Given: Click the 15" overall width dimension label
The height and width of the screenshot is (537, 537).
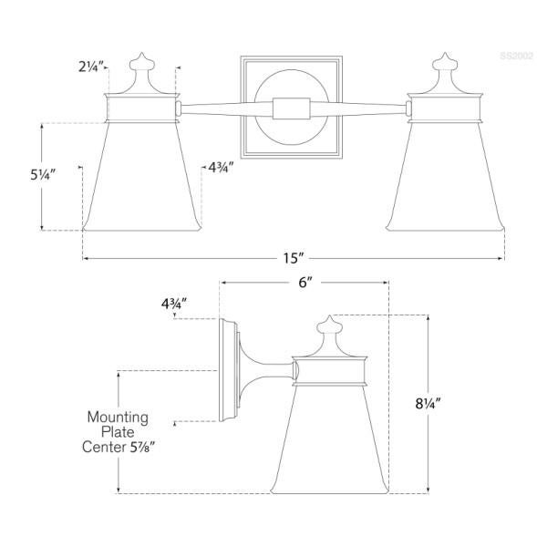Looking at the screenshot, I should tap(293, 258).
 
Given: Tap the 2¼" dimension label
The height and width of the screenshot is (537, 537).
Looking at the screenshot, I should tap(90, 66).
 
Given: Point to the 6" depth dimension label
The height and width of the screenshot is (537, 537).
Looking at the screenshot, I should tap(305, 283).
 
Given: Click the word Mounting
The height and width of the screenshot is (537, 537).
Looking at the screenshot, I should tap(118, 417).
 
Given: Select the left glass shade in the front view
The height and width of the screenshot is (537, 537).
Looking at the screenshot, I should tap(139, 178).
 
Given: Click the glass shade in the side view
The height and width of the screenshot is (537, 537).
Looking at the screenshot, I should tap(331, 438).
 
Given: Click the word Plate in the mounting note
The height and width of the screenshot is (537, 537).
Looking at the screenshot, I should tap(119, 432).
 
